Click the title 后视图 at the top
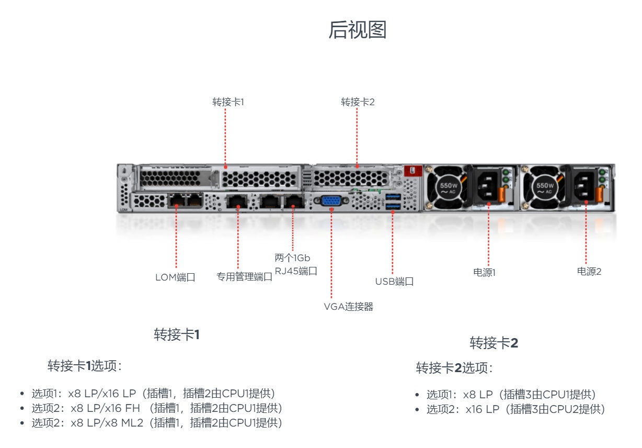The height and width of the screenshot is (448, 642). click(358, 29)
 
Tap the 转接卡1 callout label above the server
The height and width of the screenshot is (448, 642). click(228, 102)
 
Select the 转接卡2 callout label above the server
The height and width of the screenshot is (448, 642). click(358, 102)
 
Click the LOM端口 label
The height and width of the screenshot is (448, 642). click(175, 277)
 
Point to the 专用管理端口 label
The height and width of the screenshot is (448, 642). click(244, 277)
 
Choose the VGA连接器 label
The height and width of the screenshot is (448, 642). click(349, 307)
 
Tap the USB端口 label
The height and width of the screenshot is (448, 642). click(394, 281)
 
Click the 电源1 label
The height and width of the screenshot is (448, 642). click(484, 272)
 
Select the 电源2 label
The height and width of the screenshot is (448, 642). click(589, 271)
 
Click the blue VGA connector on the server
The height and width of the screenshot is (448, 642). click(331, 200)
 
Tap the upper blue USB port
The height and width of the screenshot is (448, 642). click(393, 197)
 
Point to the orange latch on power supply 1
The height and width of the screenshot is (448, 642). click(501, 194)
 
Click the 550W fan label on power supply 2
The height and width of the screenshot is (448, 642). click(545, 188)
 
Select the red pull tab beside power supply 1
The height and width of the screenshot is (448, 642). click(413, 171)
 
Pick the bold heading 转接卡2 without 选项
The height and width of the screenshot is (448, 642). click(494, 343)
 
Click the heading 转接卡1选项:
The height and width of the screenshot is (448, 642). click(85, 366)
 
